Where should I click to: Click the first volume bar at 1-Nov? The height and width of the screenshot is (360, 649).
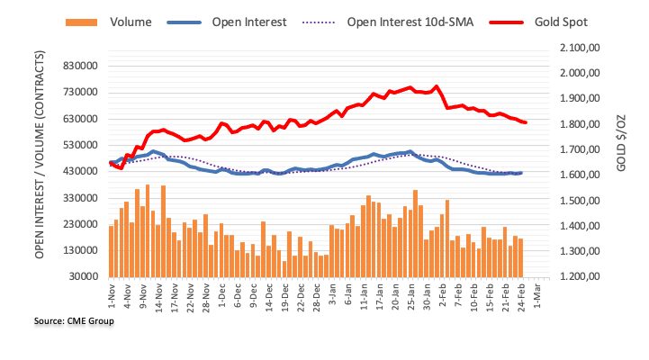(111, 251)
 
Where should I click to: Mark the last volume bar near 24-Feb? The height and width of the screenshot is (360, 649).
(520, 257)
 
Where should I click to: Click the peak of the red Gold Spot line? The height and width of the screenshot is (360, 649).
(437, 86)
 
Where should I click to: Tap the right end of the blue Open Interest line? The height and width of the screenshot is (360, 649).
(521, 173)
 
